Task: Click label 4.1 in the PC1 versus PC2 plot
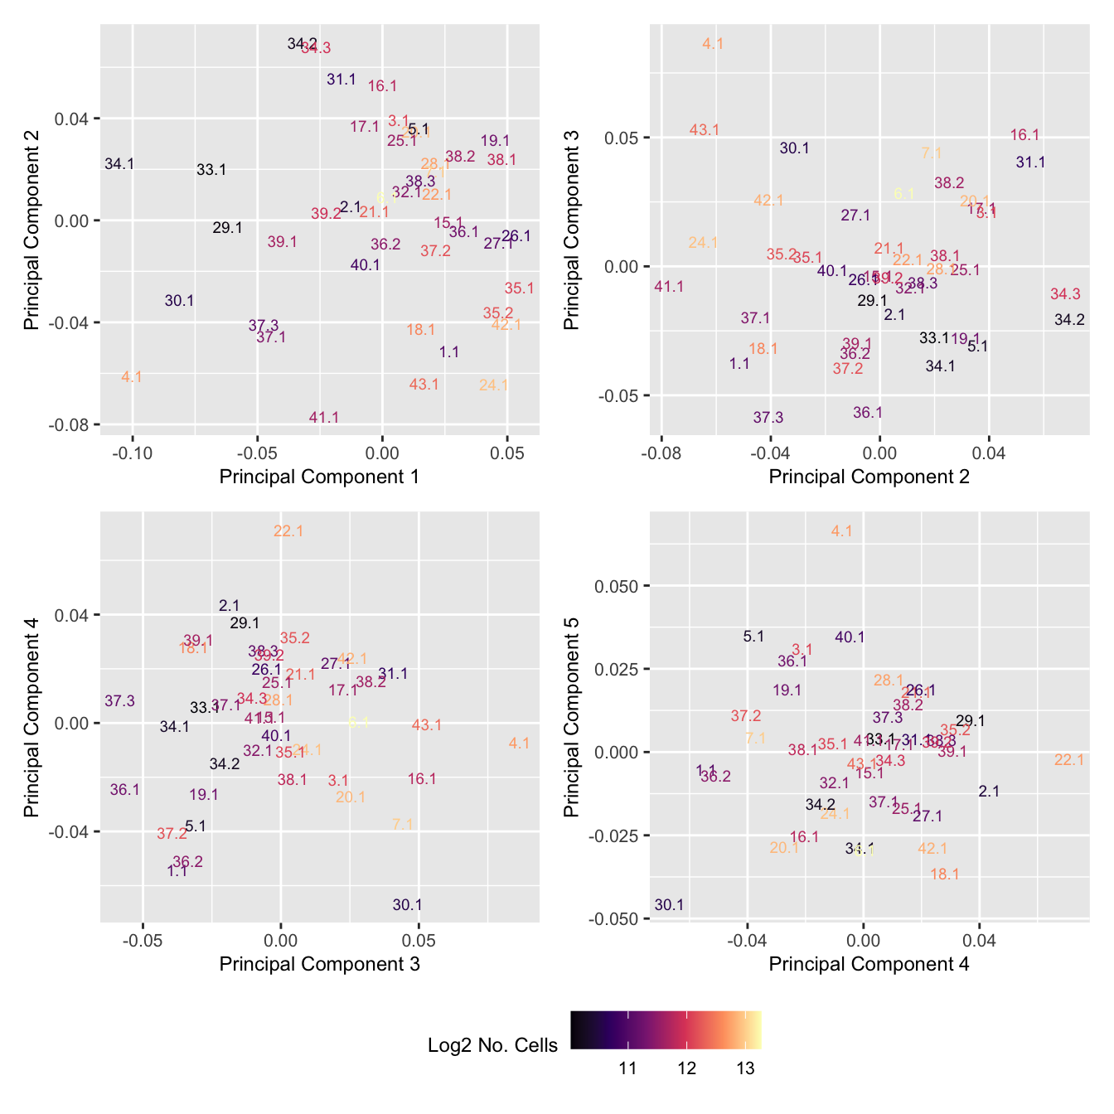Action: tap(132, 377)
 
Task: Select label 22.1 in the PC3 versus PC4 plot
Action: tap(288, 531)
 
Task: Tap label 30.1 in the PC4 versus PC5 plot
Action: tap(669, 905)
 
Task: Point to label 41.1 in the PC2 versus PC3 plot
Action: tap(669, 287)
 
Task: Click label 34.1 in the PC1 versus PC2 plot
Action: tap(119, 164)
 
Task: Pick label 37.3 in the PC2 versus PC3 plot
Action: tap(768, 417)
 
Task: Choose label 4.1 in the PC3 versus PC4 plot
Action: tap(519, 743)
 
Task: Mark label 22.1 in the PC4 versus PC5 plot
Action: tap(1069, 759)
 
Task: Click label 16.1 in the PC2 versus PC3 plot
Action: tap(1025, 135)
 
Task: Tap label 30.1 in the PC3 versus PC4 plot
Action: tap(407, 905)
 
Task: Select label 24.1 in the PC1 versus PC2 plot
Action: tap(493, 385)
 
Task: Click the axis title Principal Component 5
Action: tap(572, 717)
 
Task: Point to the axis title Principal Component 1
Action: tap(319, 477)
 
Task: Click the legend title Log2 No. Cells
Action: tap(492, 1045)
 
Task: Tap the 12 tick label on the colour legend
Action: tap(686, 1068)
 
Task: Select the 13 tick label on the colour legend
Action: tap(745, 1068)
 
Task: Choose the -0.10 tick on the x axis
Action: tap(132, 453)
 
